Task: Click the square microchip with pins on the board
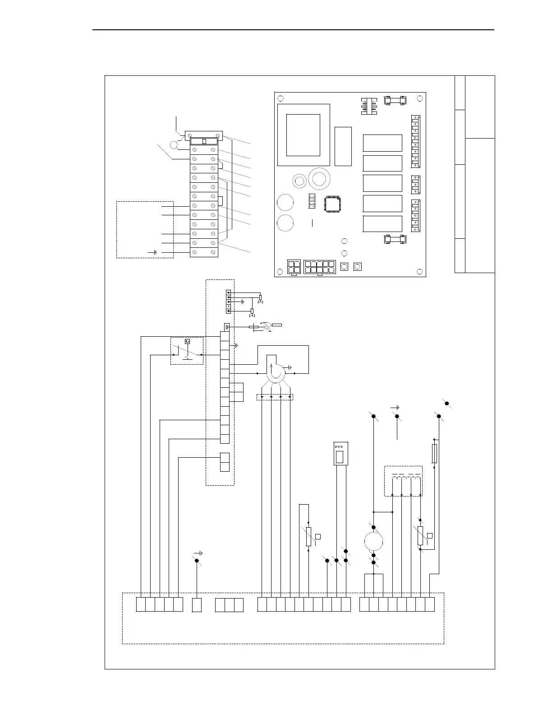click(x=333, y=204)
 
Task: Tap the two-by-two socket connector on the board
click(x=294, y=267)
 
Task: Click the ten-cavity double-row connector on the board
click(x=320, y=267)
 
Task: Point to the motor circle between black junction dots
click(x=373, y=541)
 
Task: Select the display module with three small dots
click(x=340, y=453)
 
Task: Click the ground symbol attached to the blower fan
click(x=290, y=367)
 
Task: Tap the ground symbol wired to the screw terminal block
click(x=154, y=252)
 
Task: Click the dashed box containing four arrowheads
click(x=275, y=397)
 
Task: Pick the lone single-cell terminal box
click(x=197, y=605)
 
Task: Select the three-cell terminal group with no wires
click(x=229, y=605)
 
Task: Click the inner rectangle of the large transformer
click(x=303, y=135)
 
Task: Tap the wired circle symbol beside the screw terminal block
click(x=174, y=145)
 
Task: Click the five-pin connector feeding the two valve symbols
click(x=229, y=302)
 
